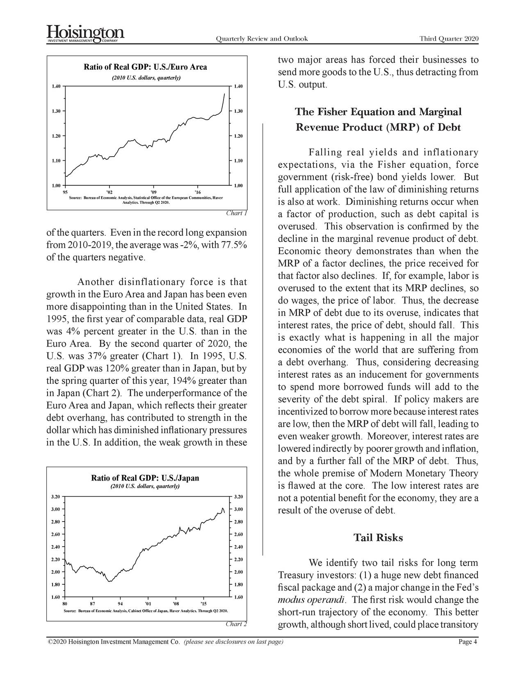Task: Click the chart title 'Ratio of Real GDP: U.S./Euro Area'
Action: (145, 67)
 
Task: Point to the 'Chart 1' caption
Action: (236, 213)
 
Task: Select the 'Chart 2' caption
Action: (236, 624)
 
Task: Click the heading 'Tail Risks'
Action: (378, 538)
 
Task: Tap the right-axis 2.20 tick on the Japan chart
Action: (238, 559)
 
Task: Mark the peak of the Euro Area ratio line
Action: (224, 94)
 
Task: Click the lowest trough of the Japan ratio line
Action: (109, 581)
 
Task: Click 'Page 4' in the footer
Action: (468, 642)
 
